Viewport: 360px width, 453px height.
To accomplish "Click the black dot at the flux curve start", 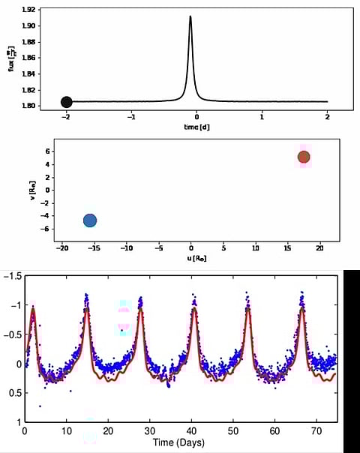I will [x=66, y=102].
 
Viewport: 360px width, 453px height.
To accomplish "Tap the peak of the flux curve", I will [x=190, y=16].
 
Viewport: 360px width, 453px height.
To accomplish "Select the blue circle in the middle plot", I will [x=90, y=220].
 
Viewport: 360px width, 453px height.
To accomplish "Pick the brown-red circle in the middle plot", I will [x=304, y=157].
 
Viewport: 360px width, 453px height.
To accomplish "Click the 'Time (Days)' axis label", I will [x=181, y=442].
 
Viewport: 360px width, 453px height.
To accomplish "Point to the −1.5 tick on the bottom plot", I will [x=13, y=277].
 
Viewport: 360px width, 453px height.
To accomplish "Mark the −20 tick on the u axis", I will [x=63, y=247].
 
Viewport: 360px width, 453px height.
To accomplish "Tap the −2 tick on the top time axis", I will [x=66, y=117].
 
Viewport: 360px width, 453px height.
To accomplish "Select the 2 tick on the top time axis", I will [x=328, y=117].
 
